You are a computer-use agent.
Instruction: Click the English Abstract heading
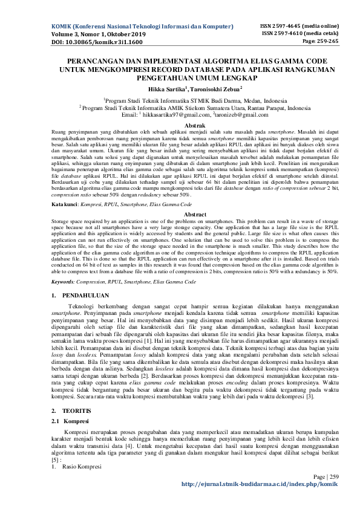(x=180, y=197)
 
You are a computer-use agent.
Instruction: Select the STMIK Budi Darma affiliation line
(x=180, y=101)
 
